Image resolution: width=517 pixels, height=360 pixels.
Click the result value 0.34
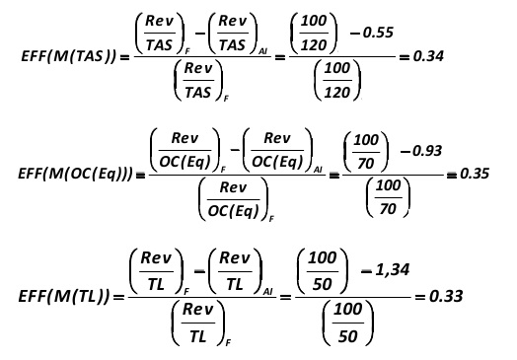428,56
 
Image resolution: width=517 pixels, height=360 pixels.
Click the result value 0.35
475,174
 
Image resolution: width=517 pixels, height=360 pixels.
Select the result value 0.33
446,296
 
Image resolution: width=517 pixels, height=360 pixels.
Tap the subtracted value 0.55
379,33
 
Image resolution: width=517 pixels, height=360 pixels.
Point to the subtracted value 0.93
427,151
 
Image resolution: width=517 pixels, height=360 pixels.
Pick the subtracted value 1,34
393,270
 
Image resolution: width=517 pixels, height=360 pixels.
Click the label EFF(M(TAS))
69,56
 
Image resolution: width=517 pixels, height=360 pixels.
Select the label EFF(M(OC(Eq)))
76,174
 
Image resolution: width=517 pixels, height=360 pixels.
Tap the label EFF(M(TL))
63,296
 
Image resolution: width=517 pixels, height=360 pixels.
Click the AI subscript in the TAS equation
263,51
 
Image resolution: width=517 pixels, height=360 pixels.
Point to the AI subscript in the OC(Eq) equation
318,170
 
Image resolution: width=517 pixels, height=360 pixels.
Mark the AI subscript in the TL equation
268,291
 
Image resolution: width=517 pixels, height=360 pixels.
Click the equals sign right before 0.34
405,57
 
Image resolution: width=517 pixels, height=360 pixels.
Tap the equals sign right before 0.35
451,175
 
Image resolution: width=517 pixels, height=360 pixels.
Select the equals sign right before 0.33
420,297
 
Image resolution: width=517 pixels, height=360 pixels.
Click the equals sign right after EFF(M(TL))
119,297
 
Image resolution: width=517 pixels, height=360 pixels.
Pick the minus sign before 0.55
355,33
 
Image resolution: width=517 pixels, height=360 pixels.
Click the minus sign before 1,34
367,271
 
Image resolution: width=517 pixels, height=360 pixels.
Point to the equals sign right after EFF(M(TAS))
124,58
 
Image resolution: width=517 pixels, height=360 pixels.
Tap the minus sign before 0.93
406,151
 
